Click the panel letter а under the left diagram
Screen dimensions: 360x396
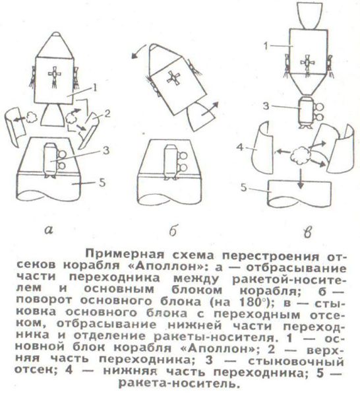pyautogui.click(x=49, y=230)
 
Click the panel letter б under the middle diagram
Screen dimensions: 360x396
pyautogui.click(x=173, y=230)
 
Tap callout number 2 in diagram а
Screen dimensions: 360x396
pyautogui.click(x=107, y=114)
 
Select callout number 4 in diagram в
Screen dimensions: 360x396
pyautogui.click(x=240, y=147)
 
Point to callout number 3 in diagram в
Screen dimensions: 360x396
pyautogui.click(x=266, y=106)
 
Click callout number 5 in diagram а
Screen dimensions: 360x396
pyautogui.click(x=102, y=182)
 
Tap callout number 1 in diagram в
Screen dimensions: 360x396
pyautogui.click(x=266, y=46)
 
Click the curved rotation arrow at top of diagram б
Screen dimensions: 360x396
pyautogui.click(x=138, y=52)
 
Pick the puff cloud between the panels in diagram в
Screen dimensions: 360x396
pyautogui.click(x=301, y=155)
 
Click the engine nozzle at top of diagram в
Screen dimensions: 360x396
pyautogui.click(x=309, y=15)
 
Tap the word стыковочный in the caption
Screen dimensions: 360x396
pyautogui.click(x=296, y=362)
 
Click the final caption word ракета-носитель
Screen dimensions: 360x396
pyautogui.click(x=179, y=384)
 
